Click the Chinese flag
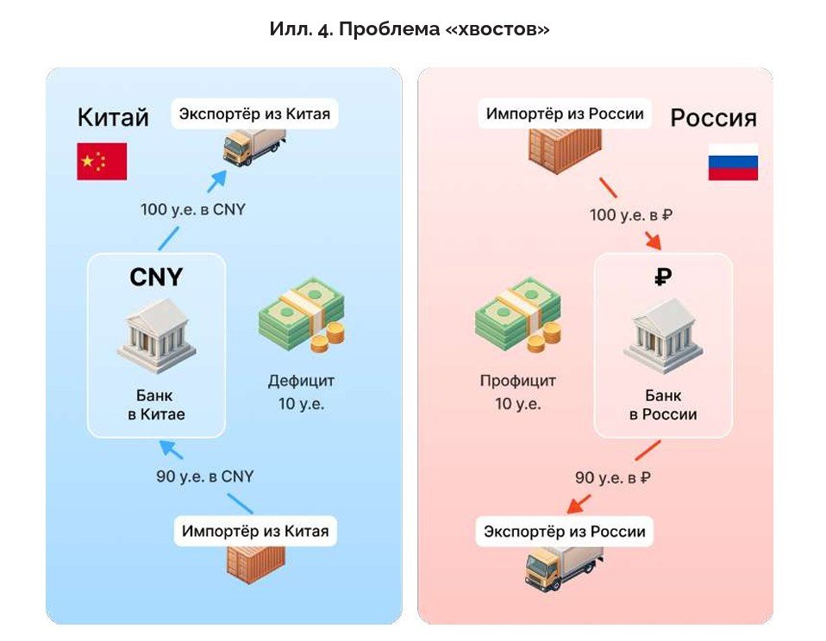[102, 161]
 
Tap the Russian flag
[733, 161]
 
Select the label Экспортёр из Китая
[254, 113]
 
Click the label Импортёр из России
[565, 113]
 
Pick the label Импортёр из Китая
[254, 530]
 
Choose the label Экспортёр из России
[565, 531]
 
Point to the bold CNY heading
[156, 277]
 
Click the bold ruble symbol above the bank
[663, 277]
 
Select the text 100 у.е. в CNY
[193, 208]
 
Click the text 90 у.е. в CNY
[204, 476]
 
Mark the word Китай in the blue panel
[113, 117]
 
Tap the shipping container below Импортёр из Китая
[256, 569]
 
